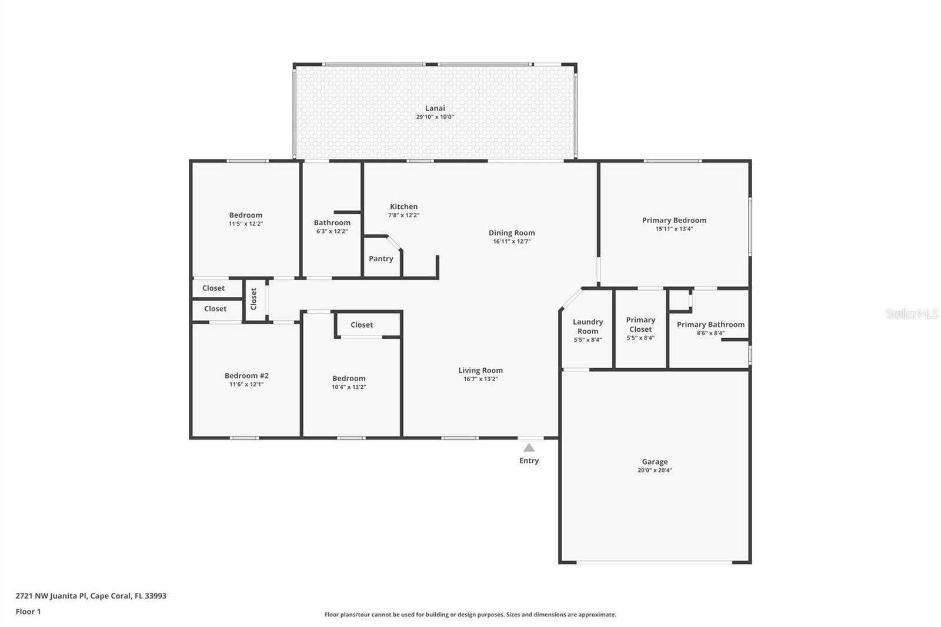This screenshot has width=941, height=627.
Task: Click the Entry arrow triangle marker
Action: pyautogui.click(x=529, y=448)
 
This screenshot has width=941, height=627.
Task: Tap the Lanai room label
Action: pyautogui.click(x=435, y=108)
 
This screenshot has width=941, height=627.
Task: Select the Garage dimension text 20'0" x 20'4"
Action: pyautogui.click(x=655, y=471)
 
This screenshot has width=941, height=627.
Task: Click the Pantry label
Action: pyautogui.click(x=381, y=258)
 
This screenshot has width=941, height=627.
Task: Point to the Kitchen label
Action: pyautogui.click(x=403, y=206)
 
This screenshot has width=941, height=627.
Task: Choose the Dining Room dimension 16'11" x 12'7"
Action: pyautogui.click(x=512, y=241)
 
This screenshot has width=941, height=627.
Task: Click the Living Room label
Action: pyautogui.click(x=480, y=370)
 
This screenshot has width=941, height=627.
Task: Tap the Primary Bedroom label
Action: pyautogui.click(x=674, y=220)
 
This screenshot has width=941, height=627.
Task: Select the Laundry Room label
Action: pyautogui.click(x=588, y=326)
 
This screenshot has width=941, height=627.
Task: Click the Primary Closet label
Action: pyautogui.click(x=640, y=325)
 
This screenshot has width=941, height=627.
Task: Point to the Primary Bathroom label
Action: pyautogui.click(x=710, y=325)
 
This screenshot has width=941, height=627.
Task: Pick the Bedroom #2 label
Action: pyautogui.click(x=246, y=376)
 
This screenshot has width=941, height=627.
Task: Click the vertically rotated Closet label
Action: pyautogui.click(x=253, y=299)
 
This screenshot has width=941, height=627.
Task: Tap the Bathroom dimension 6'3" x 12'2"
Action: pyautogui.click(x=332, y=231)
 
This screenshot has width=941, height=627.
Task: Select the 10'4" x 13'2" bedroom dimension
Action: pyautogui.click(x=349, y=387)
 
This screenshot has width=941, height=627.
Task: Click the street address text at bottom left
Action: pyautogui.click(x=91, y=595)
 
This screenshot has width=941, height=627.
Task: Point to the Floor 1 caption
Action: pyautogui.click(x=28, y=612)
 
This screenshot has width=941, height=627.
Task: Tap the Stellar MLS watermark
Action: pyautogui.click(x=912, y=313)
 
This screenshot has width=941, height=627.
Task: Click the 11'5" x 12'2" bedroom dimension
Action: pyautogui.click(x=246, y=224)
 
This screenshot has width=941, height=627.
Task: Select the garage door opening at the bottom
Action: pyautogui.click(x=655, y=562)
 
